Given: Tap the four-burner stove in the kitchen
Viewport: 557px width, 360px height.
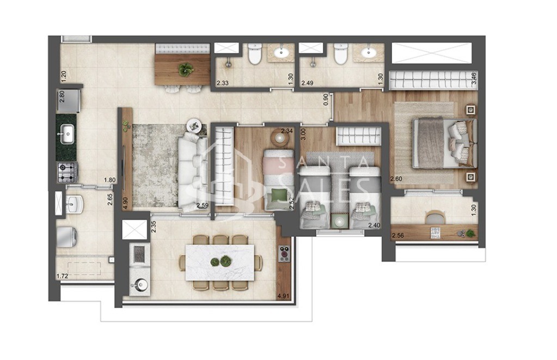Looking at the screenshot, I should [x=67, y=172].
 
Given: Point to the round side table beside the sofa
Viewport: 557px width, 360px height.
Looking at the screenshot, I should [x=194, y=125].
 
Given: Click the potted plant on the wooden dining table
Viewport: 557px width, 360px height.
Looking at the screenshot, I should [x=186, y=69].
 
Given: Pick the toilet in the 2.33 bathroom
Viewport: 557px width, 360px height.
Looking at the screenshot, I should [x=254, y=54].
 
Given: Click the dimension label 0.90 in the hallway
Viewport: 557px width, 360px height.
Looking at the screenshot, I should [x=326, y=100].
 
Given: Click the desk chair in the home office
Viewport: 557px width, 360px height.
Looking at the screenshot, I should [x=435, y=218].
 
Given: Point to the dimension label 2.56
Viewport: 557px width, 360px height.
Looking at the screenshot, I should [x=398, y=235].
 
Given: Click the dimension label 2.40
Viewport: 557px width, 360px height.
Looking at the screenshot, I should [x=374, y=225].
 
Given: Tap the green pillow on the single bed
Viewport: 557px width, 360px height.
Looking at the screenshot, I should [x=279, y=194].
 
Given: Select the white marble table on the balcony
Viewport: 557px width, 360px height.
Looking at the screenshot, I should [x=219, y=262].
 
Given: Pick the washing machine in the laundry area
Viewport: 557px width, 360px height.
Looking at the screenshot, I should [x=67, y=236].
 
